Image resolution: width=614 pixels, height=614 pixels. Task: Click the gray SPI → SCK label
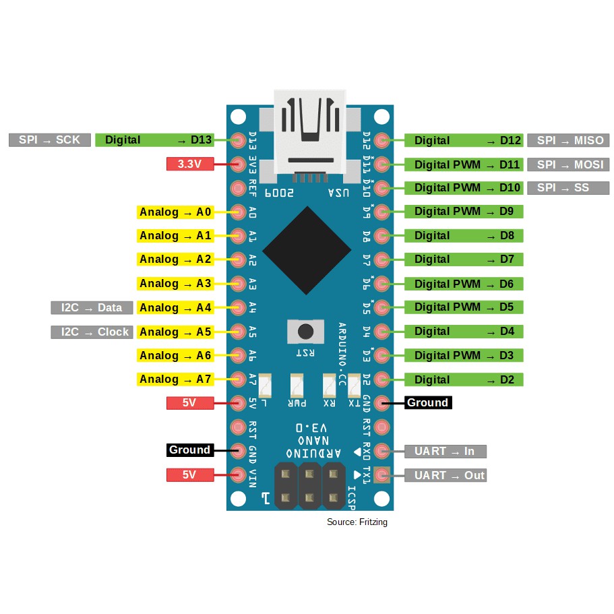tap(49, 140)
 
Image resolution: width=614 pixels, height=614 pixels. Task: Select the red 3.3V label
tap(189, 164)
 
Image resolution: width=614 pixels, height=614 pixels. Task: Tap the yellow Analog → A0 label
tap(175, 212)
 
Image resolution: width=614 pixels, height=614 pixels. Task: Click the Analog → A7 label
tap(175, 379)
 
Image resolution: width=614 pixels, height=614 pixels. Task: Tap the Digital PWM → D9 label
tap(464, 212)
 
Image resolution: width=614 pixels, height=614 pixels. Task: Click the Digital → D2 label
tap(464, 379)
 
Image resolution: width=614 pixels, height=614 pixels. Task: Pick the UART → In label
tap(445, 451)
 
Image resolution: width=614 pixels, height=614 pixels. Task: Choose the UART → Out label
tap(445, 475)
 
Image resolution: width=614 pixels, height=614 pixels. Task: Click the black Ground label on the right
tap(427, 402)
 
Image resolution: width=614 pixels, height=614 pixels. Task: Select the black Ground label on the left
tap(189, 450)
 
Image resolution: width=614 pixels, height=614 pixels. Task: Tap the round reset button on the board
tap(305, 332)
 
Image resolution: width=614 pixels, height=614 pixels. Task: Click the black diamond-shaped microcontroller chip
tap(307, 250)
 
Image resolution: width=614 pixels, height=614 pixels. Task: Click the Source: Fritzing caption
tap(357, 522)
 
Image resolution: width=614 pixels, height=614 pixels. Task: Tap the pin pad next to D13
tap(237, 140)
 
